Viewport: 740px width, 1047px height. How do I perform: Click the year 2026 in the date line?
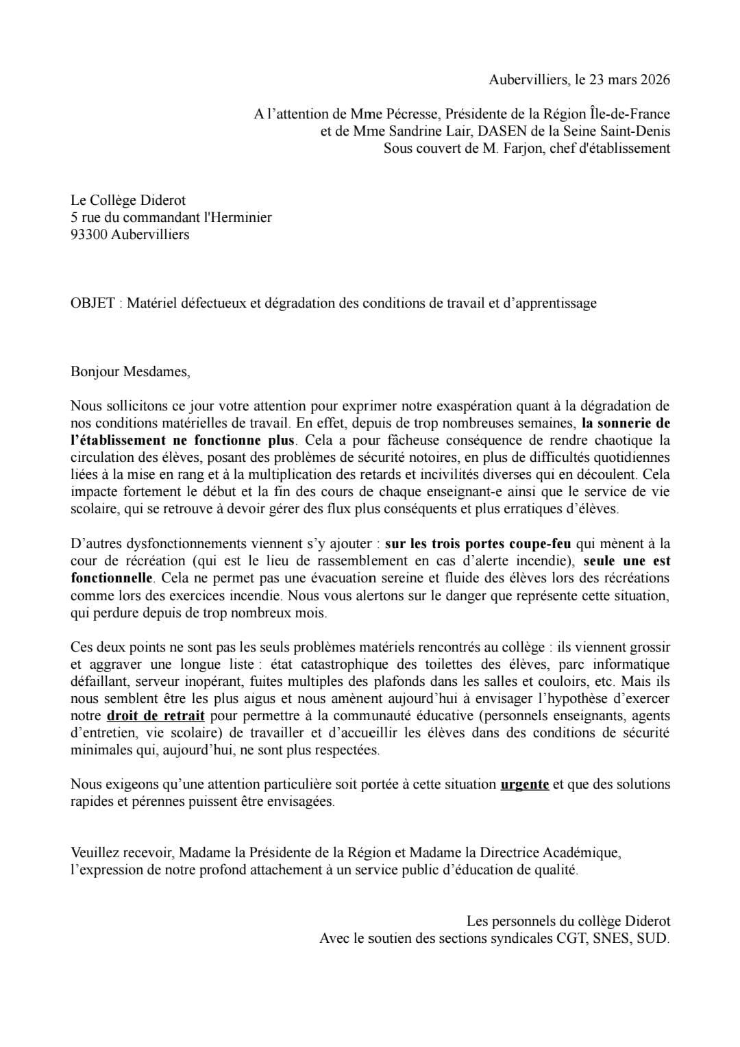(x=655, y=79)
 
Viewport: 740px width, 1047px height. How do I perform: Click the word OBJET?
(x=92, y=303)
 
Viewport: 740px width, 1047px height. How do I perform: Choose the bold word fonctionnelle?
(x=111, y=578)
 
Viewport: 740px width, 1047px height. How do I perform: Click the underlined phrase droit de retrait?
(x=156, y=716)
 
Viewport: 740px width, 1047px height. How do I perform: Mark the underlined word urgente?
(x=525, y=785)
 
